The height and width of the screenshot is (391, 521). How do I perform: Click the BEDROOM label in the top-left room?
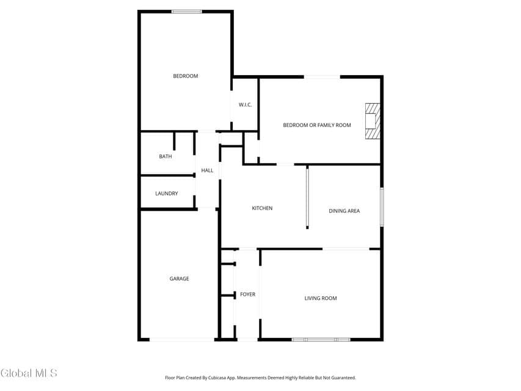(186, 76)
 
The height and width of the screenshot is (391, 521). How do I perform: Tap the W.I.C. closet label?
(245, 104)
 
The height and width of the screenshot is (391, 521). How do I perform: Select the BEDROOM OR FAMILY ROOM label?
(317, 125)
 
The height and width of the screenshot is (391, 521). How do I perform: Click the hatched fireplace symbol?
(373, 121)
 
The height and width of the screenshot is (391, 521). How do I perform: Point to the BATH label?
(166, 156)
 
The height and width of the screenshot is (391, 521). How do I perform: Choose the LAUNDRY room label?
(167, 194)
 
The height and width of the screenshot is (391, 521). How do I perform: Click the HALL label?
(207, 170)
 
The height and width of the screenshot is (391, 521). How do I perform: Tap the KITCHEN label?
(262, 208)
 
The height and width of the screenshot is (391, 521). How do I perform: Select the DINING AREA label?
(344, 211)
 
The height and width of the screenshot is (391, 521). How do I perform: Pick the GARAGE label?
(179, 279)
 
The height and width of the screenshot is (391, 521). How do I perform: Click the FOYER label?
(248, 294)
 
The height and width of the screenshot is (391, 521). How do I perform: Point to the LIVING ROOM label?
(321, 298)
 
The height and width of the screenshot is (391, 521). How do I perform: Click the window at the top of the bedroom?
(187, 12)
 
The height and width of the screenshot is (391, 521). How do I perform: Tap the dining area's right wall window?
(382, 207)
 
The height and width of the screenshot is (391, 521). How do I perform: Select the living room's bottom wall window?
(321, 340)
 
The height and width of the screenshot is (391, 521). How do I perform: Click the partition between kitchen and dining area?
(307, 197)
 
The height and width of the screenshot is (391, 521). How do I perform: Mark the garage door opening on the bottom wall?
(182, 340)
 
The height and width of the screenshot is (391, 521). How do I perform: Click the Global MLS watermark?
(29, 373)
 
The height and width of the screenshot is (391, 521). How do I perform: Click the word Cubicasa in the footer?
(217, 378)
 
